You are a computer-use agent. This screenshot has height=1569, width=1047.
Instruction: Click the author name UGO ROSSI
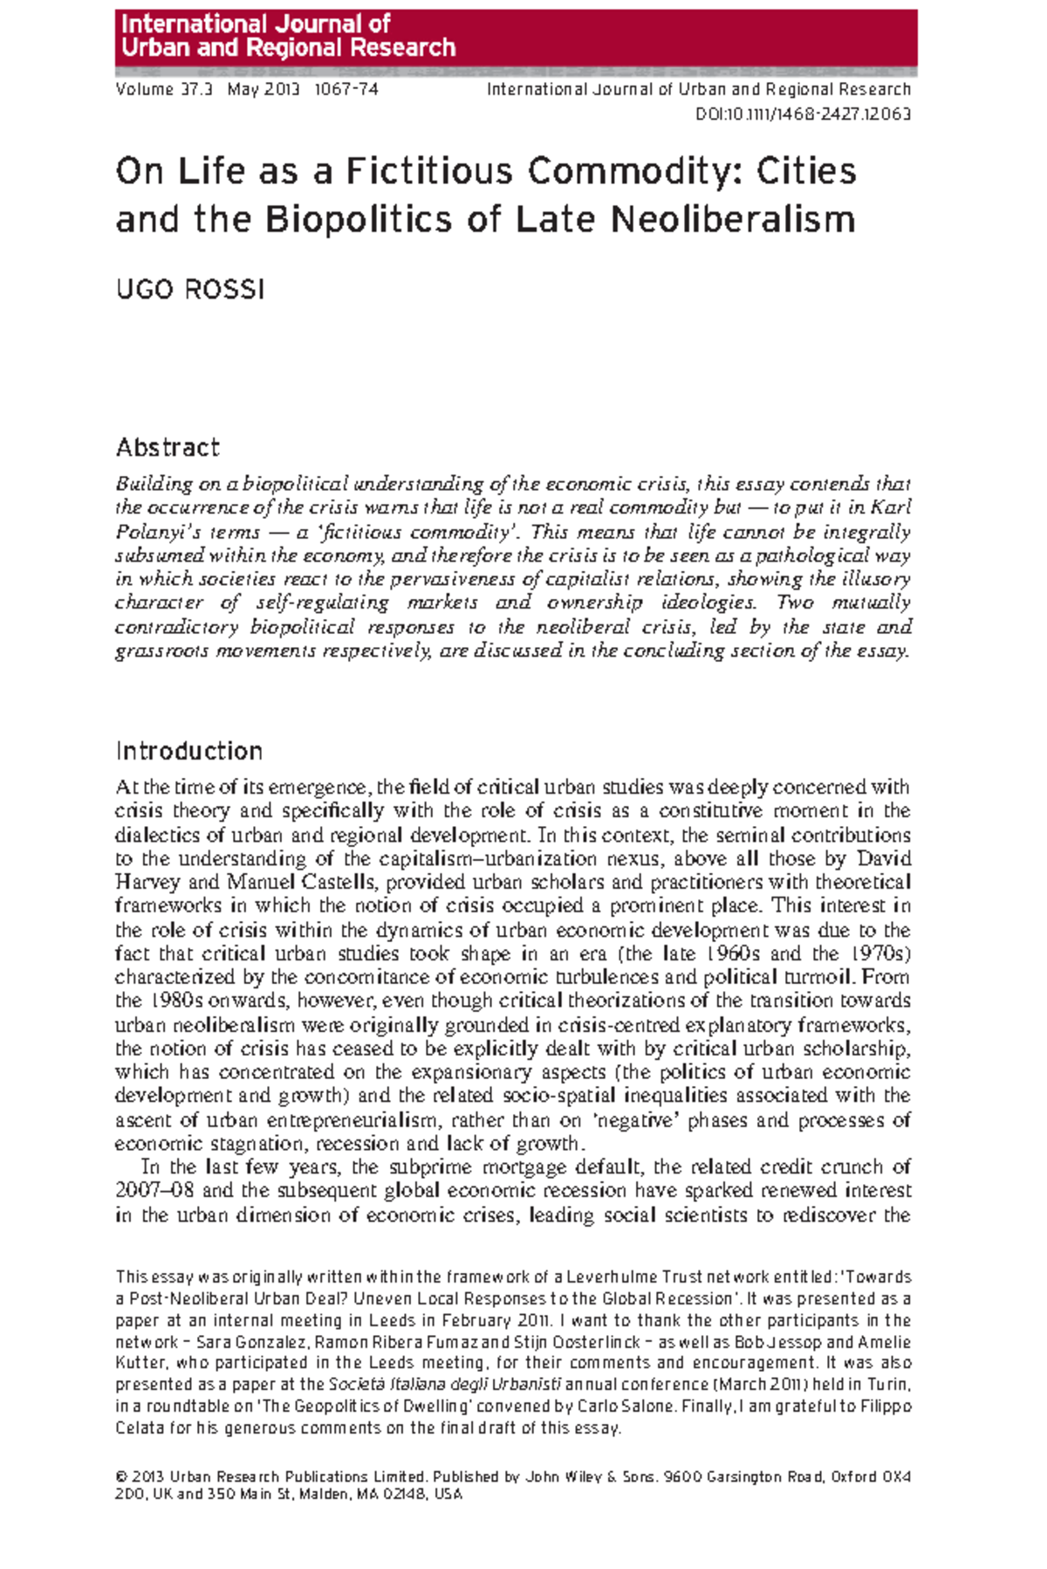(x=190, y=290)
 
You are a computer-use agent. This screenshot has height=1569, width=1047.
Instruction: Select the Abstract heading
(x=168, y=448)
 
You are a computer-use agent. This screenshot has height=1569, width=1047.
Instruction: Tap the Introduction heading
(x=188, y=751)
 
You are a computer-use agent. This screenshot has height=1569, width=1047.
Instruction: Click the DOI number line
(x=803, y=114)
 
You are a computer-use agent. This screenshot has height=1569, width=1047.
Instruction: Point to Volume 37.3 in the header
(x=163, y=89)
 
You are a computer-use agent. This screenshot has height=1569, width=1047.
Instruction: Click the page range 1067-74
(x=346, y=89)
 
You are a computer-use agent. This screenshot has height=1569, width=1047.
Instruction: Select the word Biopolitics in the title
(x=359, y=219)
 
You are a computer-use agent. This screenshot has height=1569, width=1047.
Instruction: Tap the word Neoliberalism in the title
(x=733, y=219)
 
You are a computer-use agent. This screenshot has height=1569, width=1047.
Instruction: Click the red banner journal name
(x=288, y=36)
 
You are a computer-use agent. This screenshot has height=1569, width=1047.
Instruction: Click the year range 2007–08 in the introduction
(x=155, y=1191)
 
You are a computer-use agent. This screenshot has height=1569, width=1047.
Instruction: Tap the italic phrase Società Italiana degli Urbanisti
(x=444, y=1385)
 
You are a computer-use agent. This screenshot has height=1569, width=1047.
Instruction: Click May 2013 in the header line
(x=263, y=89)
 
